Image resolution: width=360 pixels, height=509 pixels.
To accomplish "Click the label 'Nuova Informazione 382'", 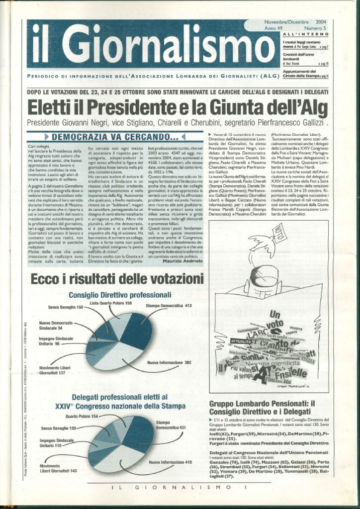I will [x=169, y=363].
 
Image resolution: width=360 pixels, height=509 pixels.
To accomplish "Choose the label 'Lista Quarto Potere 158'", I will [x=111, y=303].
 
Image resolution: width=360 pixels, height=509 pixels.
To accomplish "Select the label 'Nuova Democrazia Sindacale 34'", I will [x=56, y=326].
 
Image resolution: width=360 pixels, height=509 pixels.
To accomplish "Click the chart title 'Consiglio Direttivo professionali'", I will [x=120, y=295].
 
